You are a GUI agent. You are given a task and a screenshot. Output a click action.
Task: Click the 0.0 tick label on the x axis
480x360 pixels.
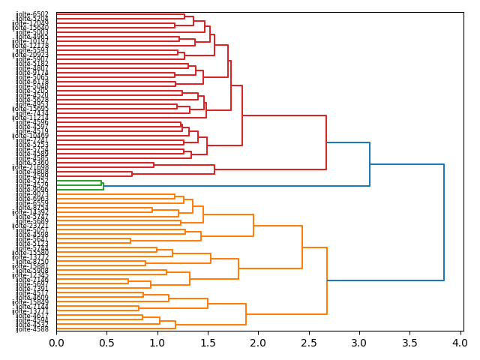(x=56, y=343)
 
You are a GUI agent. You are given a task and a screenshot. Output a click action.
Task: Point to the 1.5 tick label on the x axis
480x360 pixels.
(x=208, y=343)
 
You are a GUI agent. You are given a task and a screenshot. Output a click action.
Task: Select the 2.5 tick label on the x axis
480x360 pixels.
(x=308, y=343)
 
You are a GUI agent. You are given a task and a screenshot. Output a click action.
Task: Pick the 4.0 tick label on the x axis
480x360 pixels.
(x=460, y=343)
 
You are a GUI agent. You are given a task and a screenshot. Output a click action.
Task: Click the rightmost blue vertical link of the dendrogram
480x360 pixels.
(x=444, y=222)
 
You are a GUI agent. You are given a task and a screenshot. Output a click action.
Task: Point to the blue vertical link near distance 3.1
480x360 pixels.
(x=370, y=164)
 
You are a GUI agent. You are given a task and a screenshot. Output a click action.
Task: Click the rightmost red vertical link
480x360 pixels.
(x=326, y=142)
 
